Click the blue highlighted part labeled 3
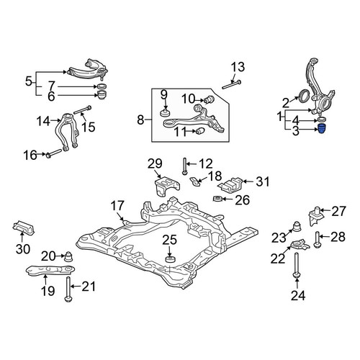323,129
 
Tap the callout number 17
117,206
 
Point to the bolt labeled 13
232,85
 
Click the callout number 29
155,163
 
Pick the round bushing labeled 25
171,259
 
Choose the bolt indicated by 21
68,289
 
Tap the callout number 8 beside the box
140,120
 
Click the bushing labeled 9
165,112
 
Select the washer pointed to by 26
217,199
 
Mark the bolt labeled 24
297,266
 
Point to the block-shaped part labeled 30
24,228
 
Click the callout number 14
43,121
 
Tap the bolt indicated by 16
54,153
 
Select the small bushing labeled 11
200,131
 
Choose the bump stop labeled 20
69,257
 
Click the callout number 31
263,181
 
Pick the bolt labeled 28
317,240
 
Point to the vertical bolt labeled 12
184,166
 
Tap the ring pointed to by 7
102,86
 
